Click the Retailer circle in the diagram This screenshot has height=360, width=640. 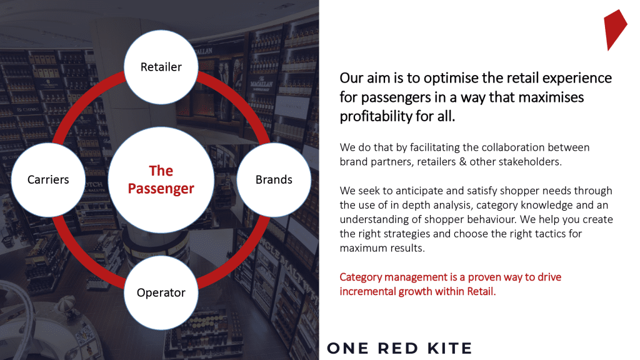click(161, 67)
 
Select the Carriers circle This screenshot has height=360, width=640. click(48, 179)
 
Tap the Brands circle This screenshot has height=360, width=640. click(274, 179)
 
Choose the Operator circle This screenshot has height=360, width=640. click(161, 292)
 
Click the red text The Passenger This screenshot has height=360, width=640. click(161, 179)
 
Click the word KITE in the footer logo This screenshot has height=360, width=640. click(449, 349)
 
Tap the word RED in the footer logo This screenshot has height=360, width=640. click(398, 349)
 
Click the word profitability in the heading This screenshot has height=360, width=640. click(376, 117)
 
